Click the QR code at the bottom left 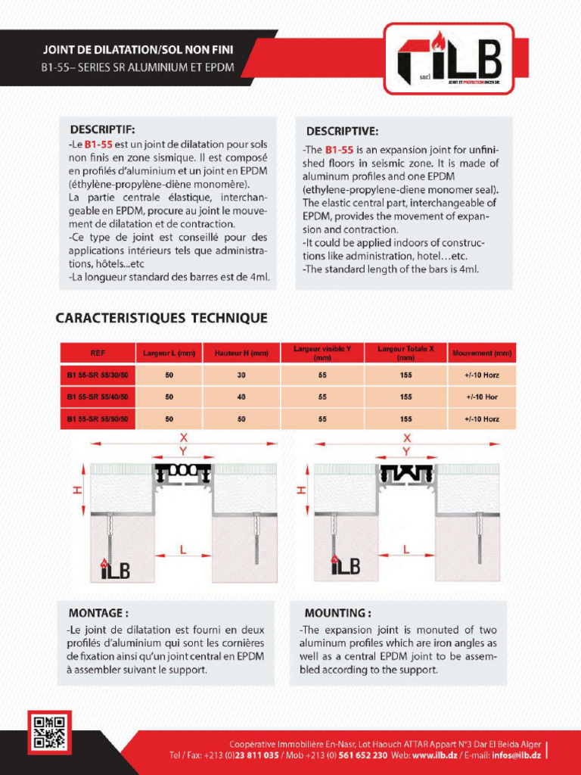point(50,732)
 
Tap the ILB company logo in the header point(449,58)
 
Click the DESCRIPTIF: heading point(103,129)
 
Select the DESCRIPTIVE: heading point(342,132)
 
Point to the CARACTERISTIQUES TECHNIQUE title point(161,318)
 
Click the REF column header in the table point(98,353)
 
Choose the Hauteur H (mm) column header point(241,353)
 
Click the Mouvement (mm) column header point(482,353)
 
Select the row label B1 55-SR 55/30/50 point(98,375)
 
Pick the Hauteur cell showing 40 point(241,397)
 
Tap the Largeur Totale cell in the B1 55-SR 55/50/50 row point(406,419)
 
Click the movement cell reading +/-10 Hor point(482,397)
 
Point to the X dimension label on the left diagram point(184,438)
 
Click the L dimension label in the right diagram point(406,550)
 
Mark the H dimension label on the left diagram point(76,490)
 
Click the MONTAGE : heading point(98,612)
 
